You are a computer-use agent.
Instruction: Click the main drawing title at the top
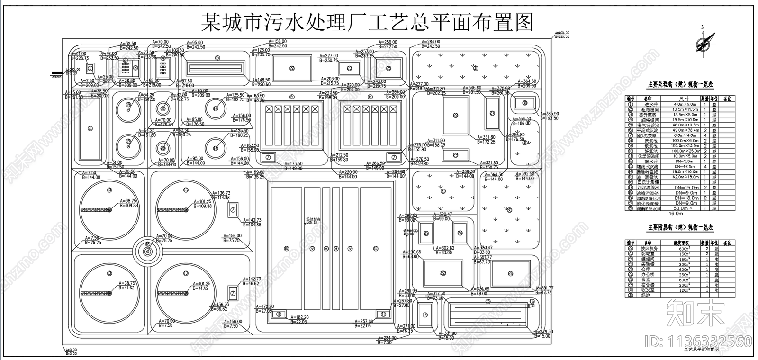click(367, 21)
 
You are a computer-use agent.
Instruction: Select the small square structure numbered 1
click(91, 68)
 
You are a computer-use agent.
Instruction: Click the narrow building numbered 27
click(492, 113)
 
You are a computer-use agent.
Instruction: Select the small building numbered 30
click(524, 103)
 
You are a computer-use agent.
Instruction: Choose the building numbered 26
click(510, 273)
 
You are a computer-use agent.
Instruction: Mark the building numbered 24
click(460, 233)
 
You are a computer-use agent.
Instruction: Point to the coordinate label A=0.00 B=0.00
click(71, 352)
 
